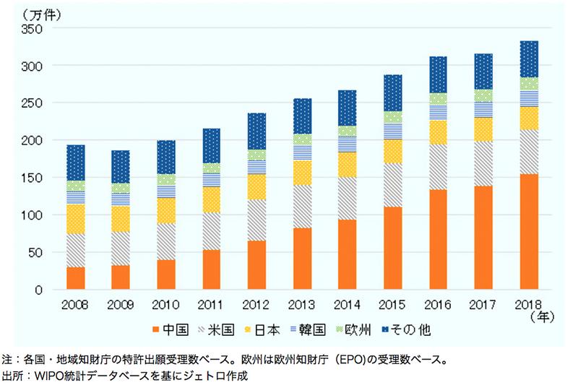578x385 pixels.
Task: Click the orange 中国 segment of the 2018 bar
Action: click(x=529, y=231)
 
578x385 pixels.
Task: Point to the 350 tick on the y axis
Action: click(x=34, y=29)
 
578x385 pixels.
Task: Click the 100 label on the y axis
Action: click(x=34, y=215)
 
